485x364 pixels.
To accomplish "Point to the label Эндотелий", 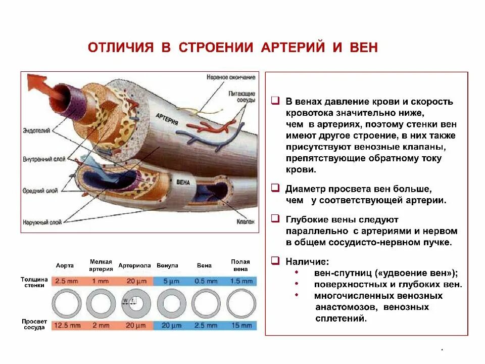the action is point(36,131).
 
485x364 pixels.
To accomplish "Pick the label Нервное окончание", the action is point(231,77).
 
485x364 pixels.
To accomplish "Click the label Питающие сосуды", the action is point(241,97).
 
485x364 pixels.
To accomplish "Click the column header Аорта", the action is point(65,265).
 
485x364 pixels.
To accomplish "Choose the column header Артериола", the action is point(134,265).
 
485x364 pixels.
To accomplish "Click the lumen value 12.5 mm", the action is point(67,326).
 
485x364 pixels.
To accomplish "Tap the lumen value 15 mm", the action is point(241,326).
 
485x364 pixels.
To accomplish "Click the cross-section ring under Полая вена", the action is point(241,303).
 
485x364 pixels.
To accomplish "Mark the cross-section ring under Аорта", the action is point(67,303).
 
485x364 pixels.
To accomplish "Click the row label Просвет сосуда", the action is point(34,324).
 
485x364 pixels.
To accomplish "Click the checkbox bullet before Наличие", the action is point(275,261).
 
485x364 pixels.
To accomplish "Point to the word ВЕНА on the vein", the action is point(183,182).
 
